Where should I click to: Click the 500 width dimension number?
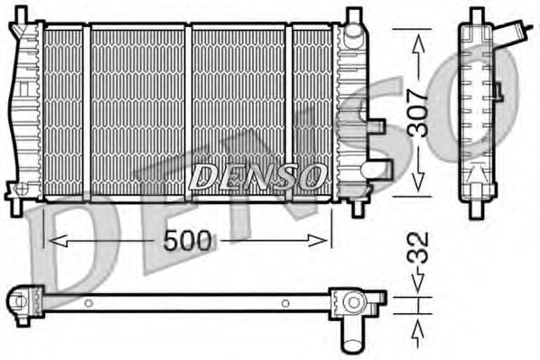187,241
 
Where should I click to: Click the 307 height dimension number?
417,113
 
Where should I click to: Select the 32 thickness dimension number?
418,248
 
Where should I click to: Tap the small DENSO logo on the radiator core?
257,176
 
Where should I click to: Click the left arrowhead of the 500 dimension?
58,241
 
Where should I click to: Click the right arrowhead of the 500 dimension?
317,241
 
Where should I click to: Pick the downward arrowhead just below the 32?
418,283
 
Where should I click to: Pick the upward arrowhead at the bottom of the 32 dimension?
418,328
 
